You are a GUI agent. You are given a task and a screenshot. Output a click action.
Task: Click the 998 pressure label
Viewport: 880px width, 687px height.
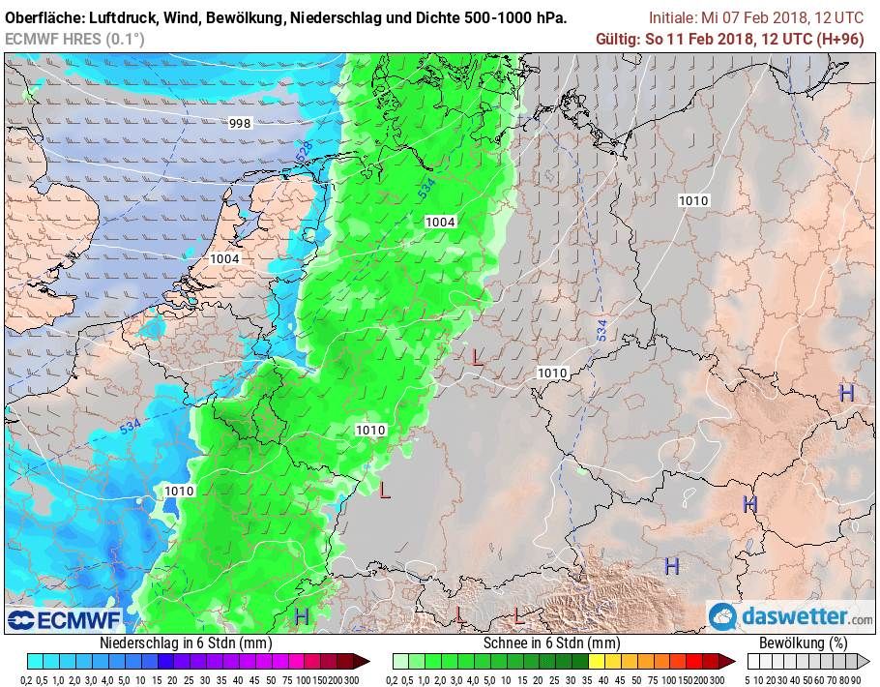(240, 123)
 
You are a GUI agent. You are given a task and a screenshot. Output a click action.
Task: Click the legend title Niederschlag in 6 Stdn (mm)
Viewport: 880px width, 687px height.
(186, 642)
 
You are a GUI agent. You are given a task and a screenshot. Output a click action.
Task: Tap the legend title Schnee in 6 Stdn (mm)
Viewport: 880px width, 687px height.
(551, 642)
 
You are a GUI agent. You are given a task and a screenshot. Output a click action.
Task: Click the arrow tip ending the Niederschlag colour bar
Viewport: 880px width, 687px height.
(367, 662)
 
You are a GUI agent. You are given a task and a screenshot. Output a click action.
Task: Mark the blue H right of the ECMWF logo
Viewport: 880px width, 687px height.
(302, 615)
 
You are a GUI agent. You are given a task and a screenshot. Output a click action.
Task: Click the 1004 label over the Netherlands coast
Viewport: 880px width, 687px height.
(224, 258)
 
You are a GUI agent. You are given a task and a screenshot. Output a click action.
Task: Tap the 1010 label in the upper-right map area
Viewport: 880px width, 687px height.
(693, 200)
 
